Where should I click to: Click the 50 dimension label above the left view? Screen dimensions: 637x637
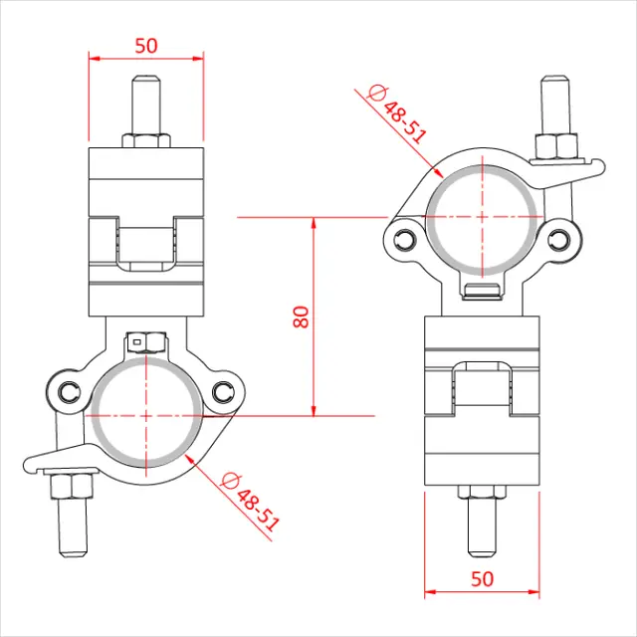tap(146, 45)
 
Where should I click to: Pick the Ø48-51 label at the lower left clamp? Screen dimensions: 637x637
tap(249, 501)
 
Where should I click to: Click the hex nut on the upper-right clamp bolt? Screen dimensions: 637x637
tap(557, 146)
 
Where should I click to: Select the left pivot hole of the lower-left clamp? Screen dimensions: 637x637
tap(68, 392)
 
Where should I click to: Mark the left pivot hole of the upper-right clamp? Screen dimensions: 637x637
tap(404, 240)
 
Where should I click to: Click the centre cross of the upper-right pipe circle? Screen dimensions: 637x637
tap(483, 216)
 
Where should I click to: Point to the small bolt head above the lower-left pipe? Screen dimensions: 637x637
tap(145, 342)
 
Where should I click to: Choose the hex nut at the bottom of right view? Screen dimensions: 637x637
tap(482, 491)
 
